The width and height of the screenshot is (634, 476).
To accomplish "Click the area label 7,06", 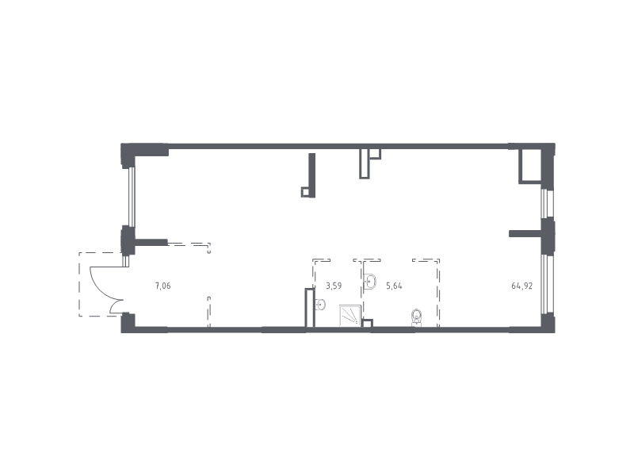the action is coord(163,286).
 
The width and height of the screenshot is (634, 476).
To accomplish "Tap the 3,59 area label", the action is coord(334,286).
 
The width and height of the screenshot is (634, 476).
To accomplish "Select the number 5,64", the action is coord(394,286).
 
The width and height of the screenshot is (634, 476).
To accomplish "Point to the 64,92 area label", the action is coord(522,286).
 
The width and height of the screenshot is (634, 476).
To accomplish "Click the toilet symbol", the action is coord(417,317).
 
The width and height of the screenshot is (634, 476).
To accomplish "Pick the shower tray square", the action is coord(349,315).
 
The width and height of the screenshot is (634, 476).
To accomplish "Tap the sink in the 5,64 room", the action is coord(370,282).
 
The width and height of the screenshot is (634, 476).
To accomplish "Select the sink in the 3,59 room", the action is coord(320,305).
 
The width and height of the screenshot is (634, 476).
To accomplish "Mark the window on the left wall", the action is coord(132,197).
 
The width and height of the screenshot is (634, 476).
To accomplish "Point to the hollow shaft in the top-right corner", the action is coord(530,166).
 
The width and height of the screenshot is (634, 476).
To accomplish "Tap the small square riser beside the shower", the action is coord(368,323).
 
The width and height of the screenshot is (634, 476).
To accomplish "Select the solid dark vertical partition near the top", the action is coord(311,175).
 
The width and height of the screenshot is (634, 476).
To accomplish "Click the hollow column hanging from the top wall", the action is coord(365,163).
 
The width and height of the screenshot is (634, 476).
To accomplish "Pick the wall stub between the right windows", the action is coord(525,233).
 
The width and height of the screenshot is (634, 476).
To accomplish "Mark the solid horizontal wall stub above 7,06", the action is coord(151,243).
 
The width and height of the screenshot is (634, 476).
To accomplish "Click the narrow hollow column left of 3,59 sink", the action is coord(310,308).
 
